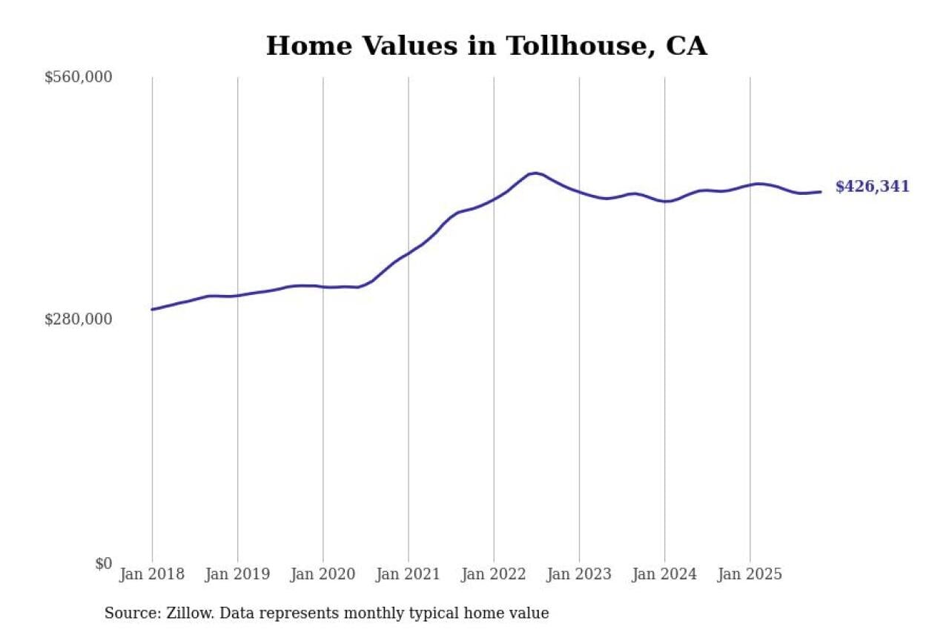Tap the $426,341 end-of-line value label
tap(872, 187)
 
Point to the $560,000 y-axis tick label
tap(79, 77)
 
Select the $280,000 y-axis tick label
tap(79, 319)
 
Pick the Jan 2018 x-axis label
tap(152, 575)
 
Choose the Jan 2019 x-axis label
tap(237, 575)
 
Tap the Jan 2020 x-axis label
tap(323, 575)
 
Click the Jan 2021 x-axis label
tap(408, 575)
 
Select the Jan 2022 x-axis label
tap(494, 575)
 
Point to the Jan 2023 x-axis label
tap(579, 575)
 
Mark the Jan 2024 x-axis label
tap(664, 575)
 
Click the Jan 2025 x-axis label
tap(750, 575)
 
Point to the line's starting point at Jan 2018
tap(152, 309)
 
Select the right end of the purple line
tap(820, 192)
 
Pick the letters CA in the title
tap(687, 46)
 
